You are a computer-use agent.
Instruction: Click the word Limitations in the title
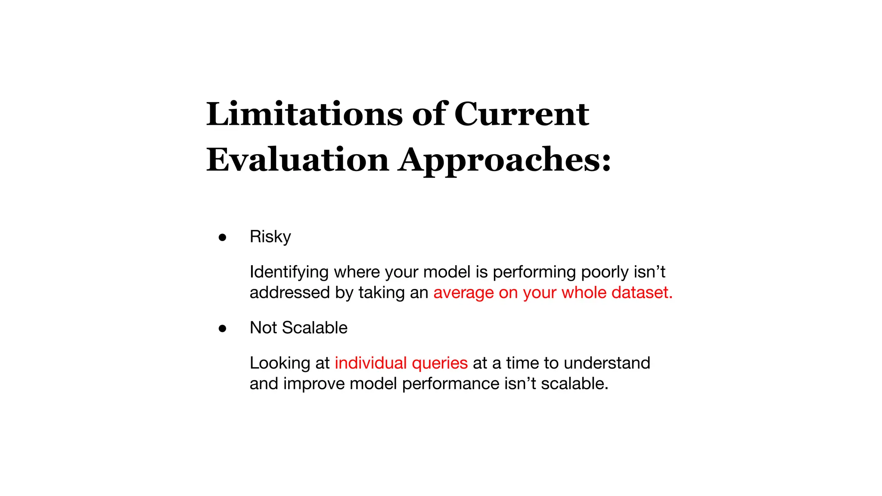(304, 115)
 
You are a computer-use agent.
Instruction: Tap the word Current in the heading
(521, 115)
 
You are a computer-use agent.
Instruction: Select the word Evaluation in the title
(298, 160)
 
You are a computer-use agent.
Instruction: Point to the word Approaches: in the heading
(504, 160)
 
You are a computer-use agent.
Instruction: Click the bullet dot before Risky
(222, 237)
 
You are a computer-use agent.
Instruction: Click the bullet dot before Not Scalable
(222, 329)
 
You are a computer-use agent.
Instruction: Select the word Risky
(270, 237)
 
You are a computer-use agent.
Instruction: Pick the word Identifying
(289, 272)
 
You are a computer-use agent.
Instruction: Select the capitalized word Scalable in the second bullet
(314, 328)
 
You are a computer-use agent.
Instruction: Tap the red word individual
(370, 363)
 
